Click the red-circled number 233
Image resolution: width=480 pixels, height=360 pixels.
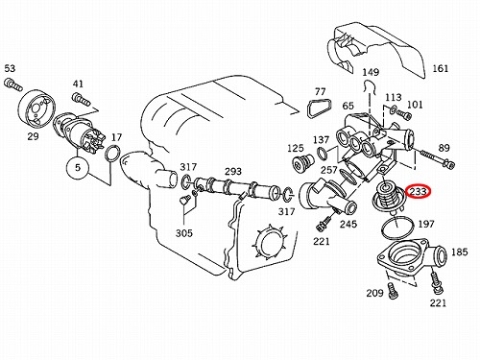pos(419,192)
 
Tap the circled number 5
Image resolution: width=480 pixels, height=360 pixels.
pos(78,167)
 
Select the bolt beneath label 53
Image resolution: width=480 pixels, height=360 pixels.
pos(13,84)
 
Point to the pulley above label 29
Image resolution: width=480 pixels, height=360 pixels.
pos(37,108)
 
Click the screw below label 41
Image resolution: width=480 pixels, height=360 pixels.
pos(82,99)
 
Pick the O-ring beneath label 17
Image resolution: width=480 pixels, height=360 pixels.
pos(112,154)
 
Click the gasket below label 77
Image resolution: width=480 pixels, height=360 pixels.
pos(320,108)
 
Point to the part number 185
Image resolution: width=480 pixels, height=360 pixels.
pos(459,252)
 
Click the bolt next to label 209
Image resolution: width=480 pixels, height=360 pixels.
pos(393,290)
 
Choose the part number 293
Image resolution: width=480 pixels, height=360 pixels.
pos(232,172)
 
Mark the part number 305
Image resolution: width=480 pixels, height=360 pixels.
pos(184,233)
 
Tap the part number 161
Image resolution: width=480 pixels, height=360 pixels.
pos(441,68)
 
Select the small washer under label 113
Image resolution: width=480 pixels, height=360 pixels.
pos(393,109)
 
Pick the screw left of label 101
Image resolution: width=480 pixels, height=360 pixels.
pos(404,113)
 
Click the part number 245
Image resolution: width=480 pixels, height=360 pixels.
pos(348,224)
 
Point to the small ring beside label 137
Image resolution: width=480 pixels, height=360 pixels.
pos(323,154)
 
